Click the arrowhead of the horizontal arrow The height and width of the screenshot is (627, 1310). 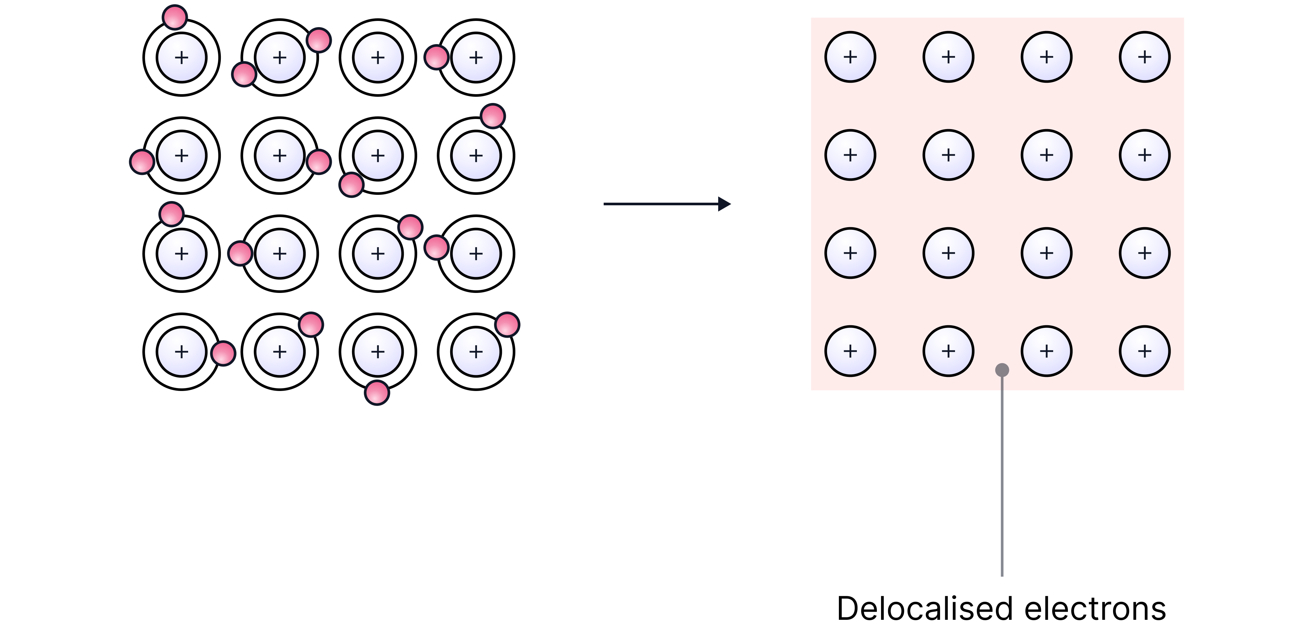(x=725, y=204)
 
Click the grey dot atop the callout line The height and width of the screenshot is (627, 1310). (x=1002, y=370)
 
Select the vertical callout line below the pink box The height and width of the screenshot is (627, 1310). (x=1002, y=483)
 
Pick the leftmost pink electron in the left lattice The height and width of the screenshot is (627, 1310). (x=142, y=161)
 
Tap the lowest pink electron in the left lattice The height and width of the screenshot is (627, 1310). (x=377, y=392)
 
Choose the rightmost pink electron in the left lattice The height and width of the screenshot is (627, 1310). (x=507, y=324)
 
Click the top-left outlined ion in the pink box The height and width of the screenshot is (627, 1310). (x=850, y=57)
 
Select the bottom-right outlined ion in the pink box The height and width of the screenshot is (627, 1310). (x=1145, y=351)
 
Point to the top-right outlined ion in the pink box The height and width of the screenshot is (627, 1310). (x=1145, y=57)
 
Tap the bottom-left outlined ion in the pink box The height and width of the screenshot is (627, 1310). (x=850, y=351)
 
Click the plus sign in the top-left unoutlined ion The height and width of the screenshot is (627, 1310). (x=182, y=58)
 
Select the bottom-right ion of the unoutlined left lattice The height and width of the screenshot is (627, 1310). (x=476, y=352)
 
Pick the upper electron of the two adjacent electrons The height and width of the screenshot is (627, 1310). (x=410, y=227)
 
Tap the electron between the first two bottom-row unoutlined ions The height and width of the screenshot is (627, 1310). (x=223, y=353)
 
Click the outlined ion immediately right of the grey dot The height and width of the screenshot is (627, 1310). (x=1047, y=351)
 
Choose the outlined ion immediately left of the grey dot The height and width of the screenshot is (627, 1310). (x=948, y=351)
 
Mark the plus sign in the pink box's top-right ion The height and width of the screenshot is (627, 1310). (x=1145, y=57)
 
